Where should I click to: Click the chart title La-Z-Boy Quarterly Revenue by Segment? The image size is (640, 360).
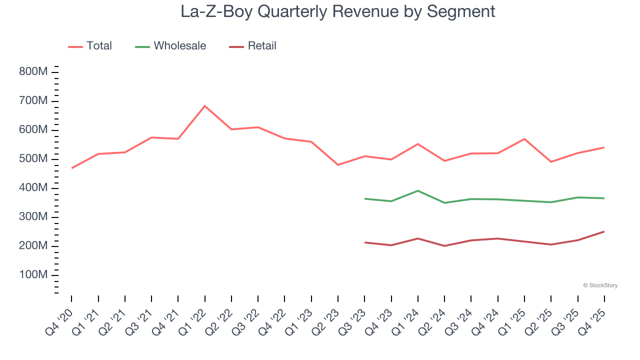pos(338,11)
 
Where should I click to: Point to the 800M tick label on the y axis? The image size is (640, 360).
pos(33,72)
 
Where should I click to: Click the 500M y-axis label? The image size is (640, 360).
pos(33,159)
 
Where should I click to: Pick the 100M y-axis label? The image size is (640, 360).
pos(33,275)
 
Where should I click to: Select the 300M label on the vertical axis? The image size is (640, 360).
pos(33,217)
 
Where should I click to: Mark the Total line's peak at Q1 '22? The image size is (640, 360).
pos(205,106)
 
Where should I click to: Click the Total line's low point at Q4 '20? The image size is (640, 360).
pos(71,168)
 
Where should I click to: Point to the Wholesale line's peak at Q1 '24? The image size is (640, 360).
pos(418,190)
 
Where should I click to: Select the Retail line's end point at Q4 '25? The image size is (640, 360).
pos(604,231)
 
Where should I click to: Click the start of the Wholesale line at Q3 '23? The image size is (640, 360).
pos(365,198)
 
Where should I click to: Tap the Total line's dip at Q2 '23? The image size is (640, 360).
pos(338,165)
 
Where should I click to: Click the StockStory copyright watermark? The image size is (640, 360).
pos(600,285)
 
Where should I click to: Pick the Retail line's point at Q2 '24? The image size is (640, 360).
pos(444,246)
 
